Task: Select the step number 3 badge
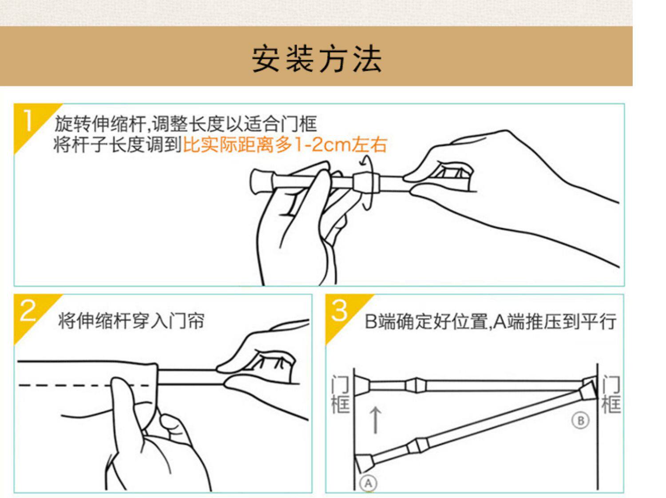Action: tap(340, 310)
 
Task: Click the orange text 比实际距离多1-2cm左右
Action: tap(285, 145)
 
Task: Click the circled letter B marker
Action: tap(580, 421)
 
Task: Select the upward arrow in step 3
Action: tap(376, 420)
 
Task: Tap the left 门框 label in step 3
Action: tap(341, 394)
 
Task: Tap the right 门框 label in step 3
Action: tap(611, 394)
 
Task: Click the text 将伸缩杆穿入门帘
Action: tap(131, 321)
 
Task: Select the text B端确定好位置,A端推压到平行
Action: tap(490, 321)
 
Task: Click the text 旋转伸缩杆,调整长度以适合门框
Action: tap(186, 124)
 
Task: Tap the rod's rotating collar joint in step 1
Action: tap(365, 182)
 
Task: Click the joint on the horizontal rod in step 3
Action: tap(416, 386)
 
